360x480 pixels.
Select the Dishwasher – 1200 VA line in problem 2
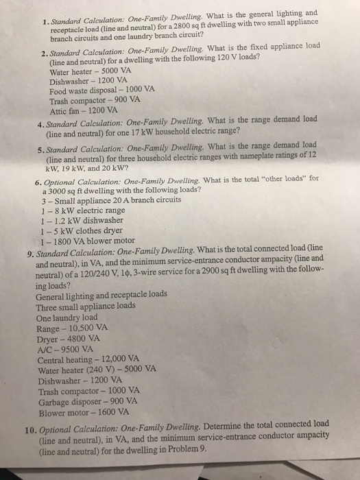coord(78,82)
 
